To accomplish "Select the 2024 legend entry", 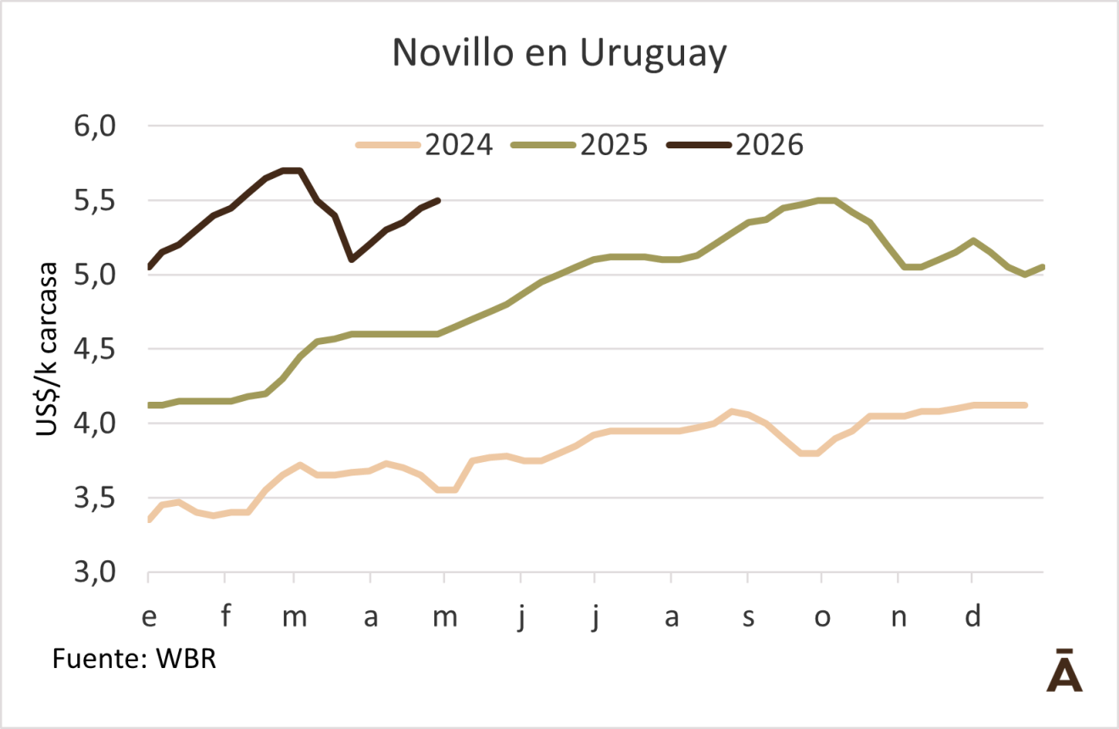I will (x=425, y=145).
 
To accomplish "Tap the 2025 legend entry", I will (x=581, y=145).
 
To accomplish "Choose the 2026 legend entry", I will (x=735, y=145).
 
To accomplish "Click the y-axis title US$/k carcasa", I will (x=47, y=348).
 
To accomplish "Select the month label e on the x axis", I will (x=148, y=617).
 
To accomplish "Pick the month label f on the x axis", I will (x=225, y=617).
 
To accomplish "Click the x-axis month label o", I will (x=822, y=617).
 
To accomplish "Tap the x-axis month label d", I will (x=973, y=617).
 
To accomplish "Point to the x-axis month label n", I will (x=899, y=617).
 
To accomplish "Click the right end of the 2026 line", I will (x=438, y=200).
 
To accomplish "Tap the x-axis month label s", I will (x=748, y=617).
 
